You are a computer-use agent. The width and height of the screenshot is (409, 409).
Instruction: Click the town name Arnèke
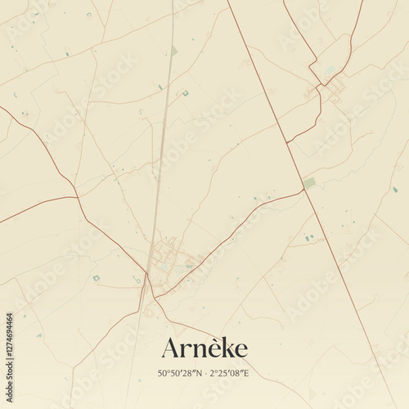(x=204, y=348)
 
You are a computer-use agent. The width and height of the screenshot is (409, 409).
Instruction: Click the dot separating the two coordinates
(x=205, y=374)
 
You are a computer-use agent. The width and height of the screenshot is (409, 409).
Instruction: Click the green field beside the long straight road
(x=308, y=182)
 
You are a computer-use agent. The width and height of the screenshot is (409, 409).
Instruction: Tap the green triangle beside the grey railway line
(x=174, y=52)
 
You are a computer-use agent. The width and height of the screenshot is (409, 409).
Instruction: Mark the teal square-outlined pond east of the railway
(x=185, y=93)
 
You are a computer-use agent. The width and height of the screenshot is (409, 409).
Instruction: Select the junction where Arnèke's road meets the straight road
(x=303, y=190)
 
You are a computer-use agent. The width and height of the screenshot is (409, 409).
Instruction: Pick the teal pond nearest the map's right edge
(x=394, y=190)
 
